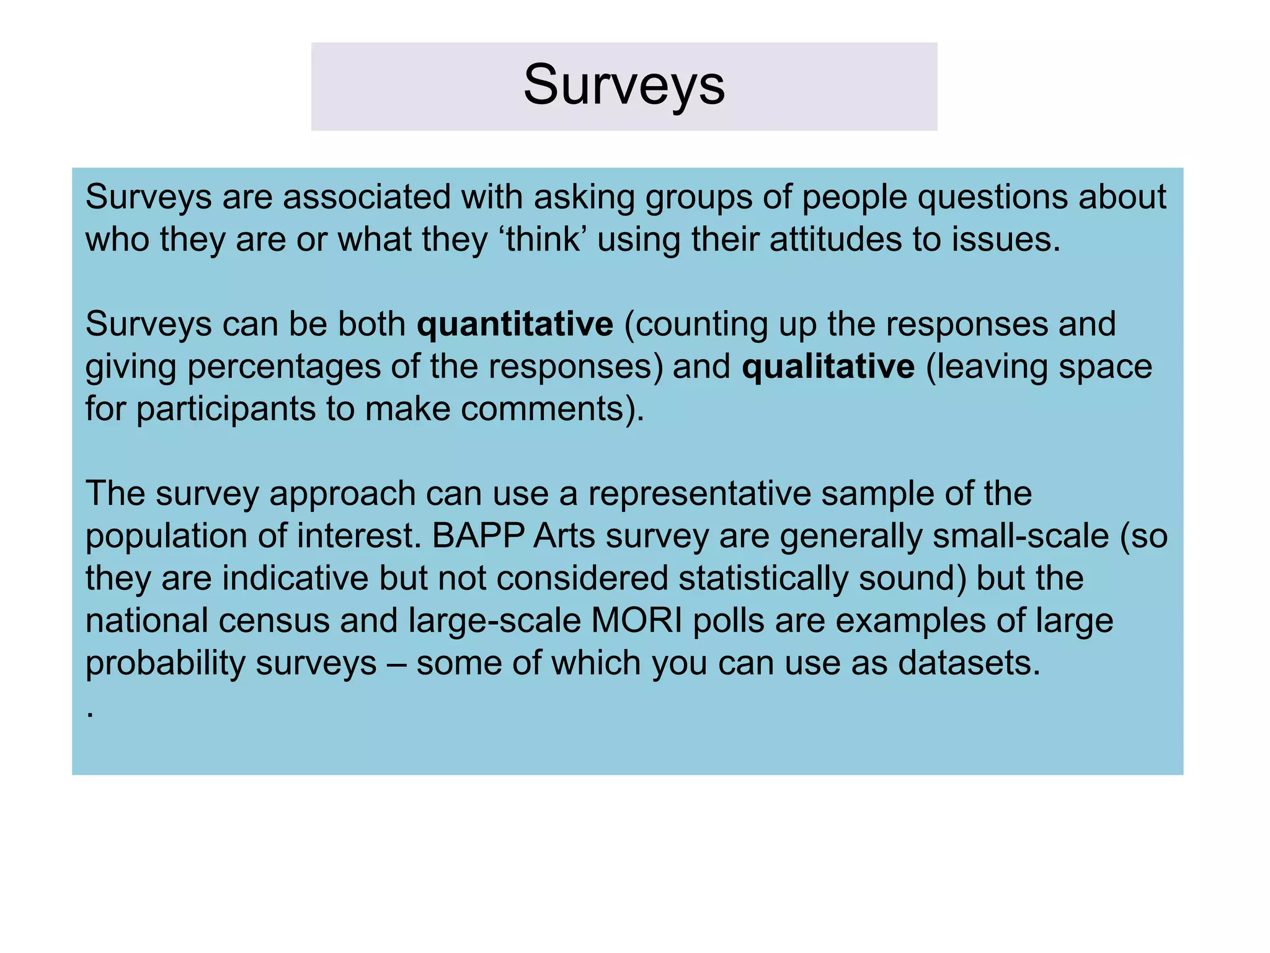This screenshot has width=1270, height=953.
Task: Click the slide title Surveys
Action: tap(624, 86)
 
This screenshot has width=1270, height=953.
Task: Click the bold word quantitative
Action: tap(515, 324)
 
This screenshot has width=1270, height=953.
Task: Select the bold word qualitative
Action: tap(828, 366)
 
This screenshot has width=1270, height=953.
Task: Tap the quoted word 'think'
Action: tap(541, 239)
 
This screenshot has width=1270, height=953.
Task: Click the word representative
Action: tap(699, 494)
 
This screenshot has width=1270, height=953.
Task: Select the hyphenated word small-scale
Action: tap(1021, 535)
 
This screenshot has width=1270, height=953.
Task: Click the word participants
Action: tap(226, 409)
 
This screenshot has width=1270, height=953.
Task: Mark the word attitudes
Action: tap(835, 239)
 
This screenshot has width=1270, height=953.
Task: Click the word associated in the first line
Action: tap(366, 197)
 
